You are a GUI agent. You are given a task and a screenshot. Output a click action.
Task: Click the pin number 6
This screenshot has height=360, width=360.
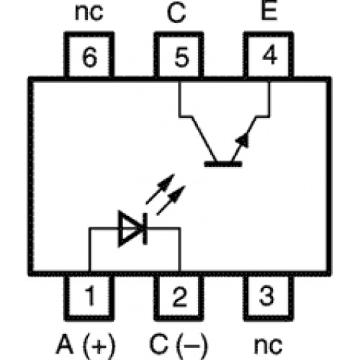89,57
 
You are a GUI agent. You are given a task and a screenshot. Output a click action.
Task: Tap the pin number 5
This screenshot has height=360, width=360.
181,57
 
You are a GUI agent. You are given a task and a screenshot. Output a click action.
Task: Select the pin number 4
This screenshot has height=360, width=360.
270,55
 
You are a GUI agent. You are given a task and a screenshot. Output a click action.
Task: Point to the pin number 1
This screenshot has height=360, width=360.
91,296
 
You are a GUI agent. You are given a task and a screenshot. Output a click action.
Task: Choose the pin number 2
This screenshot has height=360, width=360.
180,297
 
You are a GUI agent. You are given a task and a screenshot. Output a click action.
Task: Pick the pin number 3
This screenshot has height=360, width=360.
266,296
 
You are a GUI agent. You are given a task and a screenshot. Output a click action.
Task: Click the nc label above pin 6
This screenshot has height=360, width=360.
89,12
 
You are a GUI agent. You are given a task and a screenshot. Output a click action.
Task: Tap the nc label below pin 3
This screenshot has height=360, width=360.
268,346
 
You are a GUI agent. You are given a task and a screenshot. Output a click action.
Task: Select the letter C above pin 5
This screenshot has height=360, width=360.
176,12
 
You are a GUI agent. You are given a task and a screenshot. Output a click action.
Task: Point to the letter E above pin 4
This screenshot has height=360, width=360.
269,10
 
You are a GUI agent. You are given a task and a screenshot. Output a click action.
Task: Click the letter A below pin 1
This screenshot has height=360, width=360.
65,343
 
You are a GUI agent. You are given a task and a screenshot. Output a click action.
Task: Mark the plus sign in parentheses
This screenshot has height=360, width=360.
99,346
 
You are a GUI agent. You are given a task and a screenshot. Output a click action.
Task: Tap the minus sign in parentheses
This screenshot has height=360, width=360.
192,346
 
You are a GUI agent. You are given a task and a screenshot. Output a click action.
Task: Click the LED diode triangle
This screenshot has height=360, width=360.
131,228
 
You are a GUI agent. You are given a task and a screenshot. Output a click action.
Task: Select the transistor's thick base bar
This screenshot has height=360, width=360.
223,164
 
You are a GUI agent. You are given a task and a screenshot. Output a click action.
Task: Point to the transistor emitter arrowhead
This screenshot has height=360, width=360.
243,140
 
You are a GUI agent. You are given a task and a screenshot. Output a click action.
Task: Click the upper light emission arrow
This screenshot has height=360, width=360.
160,189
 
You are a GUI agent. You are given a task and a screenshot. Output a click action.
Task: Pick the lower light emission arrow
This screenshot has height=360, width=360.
171,200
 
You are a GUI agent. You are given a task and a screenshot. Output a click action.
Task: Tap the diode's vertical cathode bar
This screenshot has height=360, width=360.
145,228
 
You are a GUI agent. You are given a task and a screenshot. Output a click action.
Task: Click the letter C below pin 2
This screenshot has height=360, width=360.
159,344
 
